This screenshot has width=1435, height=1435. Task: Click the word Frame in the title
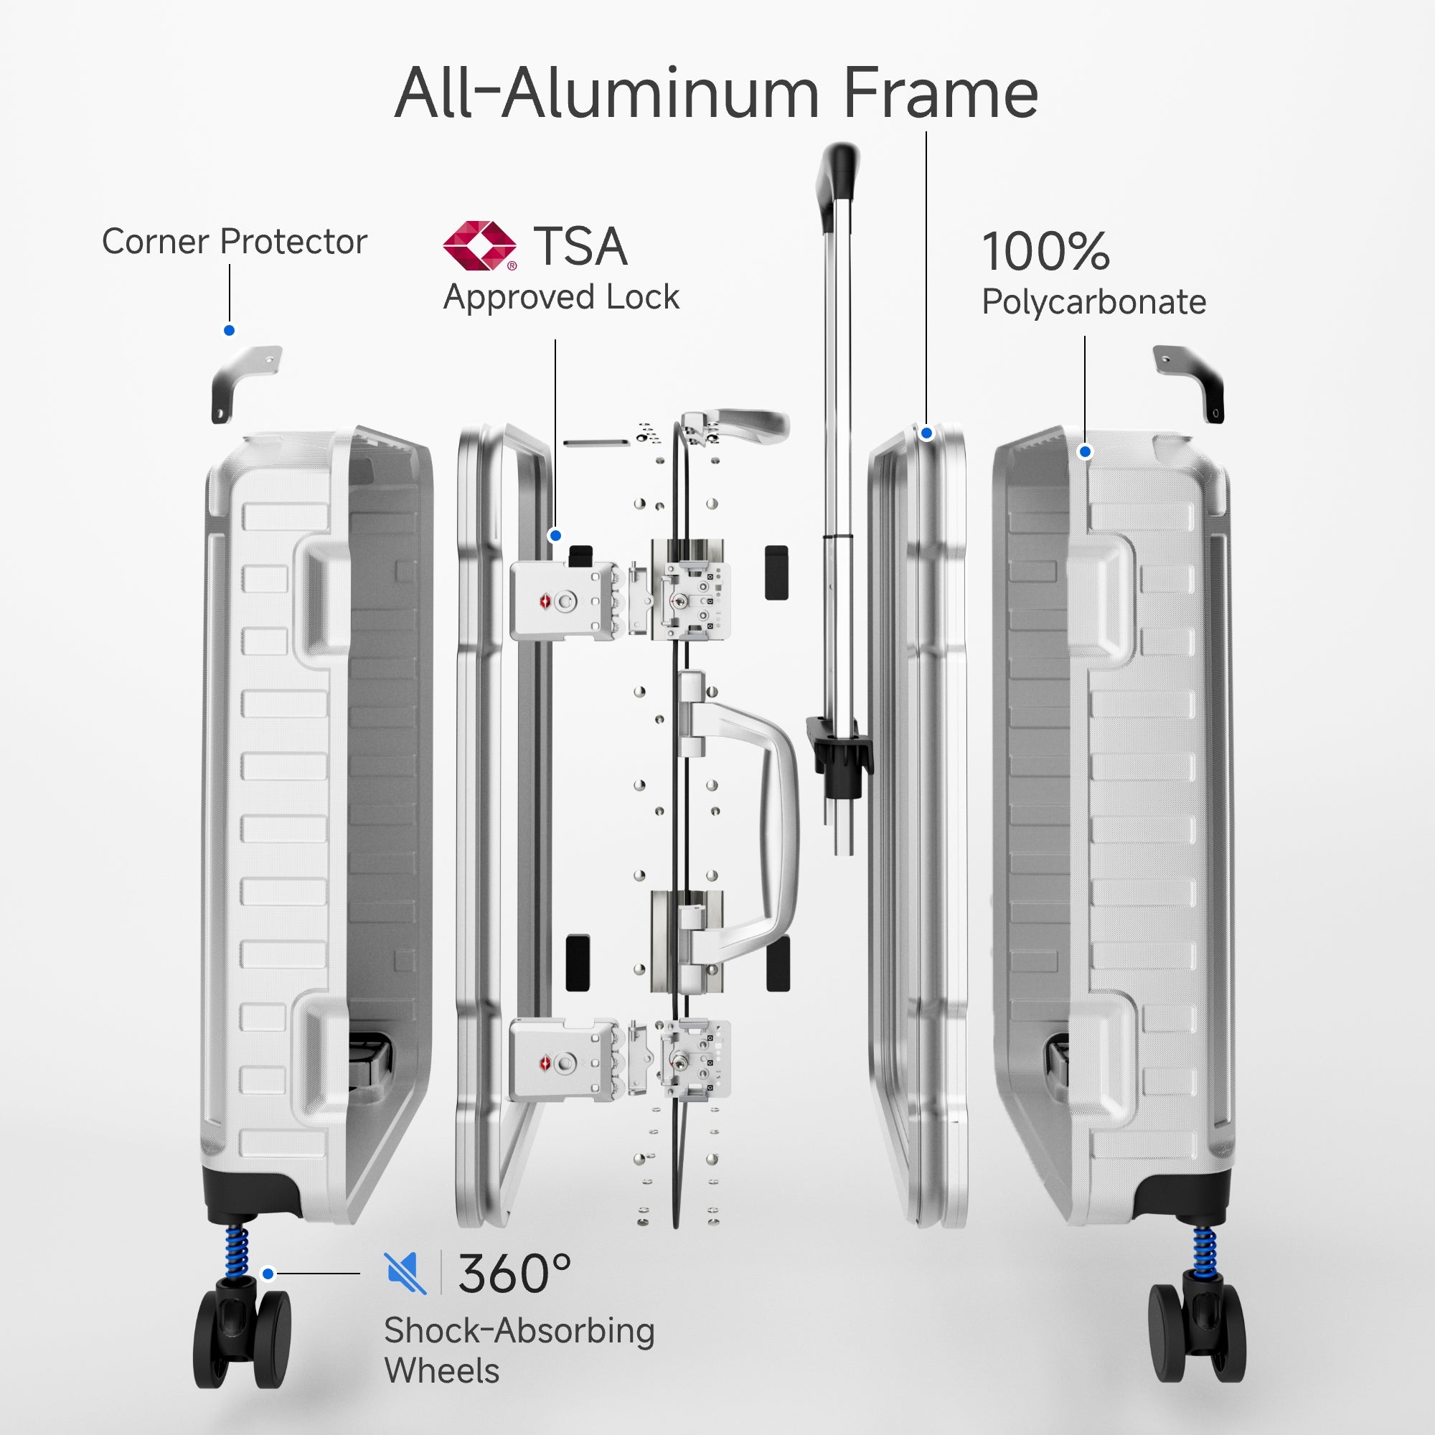[x=941, y=94]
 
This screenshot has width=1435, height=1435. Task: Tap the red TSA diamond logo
[x=479, y=245]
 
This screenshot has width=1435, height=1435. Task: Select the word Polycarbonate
[x=1093, y=302]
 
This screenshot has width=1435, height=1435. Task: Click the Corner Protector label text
[x=234, y=242]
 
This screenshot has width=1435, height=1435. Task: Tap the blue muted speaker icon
[x=405, y=1273]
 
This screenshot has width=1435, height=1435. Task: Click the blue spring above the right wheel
[x=1204, y=1249]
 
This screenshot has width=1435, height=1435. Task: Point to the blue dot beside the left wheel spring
[x=268, y=1274]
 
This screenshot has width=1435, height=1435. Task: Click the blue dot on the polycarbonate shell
[x=1085, y=451]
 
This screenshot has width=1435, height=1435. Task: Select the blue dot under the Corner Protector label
[x=230, y=331]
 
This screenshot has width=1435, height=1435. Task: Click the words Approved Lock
[x=561, y=298]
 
